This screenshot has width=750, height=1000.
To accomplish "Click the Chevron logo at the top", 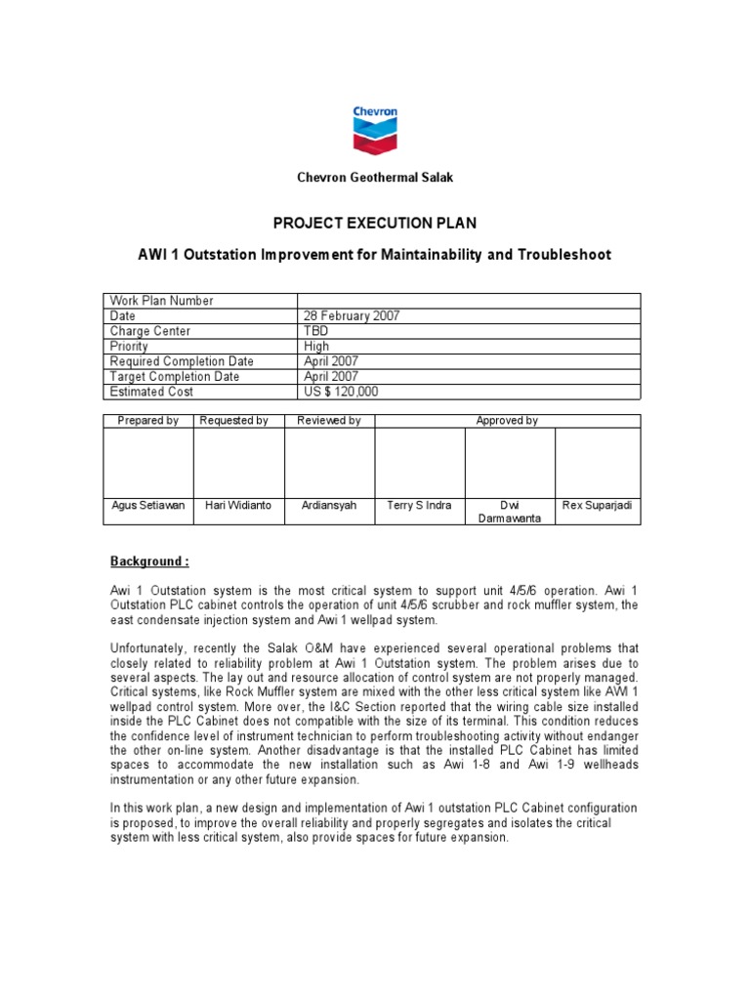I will click(375, 129).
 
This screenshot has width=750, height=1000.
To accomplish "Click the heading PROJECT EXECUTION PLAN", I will click(375, 222).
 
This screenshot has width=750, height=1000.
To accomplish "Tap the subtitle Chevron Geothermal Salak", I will click(375, 178).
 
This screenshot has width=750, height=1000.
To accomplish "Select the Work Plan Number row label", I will click(162, 301).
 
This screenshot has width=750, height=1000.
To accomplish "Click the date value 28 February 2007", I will click(353, 315).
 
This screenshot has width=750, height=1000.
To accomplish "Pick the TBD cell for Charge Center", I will click(317, 331).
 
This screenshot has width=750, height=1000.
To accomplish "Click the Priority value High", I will click(317, 346).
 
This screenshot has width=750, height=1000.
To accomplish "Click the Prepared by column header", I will click(148, 421).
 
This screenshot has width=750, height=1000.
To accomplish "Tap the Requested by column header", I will click(238, 421).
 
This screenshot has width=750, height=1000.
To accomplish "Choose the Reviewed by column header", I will click(329, 421).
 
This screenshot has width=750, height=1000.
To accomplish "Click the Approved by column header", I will click(507, 421).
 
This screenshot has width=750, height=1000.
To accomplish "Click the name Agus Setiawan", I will click(148, 505).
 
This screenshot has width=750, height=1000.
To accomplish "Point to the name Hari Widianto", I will click(238, 505).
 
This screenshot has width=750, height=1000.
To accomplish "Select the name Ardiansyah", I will click(329, 505).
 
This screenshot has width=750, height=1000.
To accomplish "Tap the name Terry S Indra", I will click(419, 505).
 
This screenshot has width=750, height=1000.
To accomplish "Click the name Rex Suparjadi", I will click(598, 505).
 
